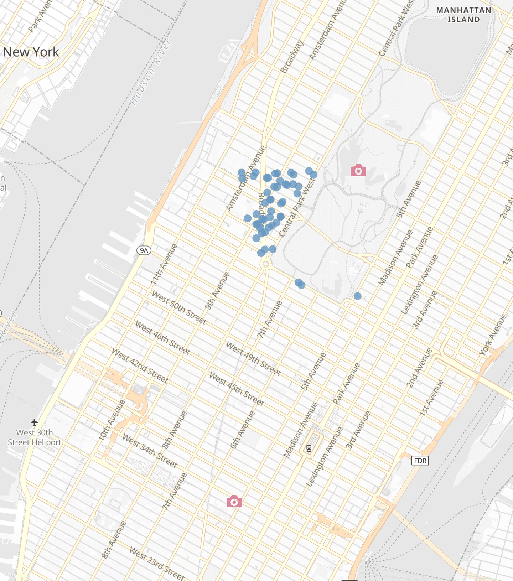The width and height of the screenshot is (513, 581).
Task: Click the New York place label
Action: pyautogui.click(x=31, y=52)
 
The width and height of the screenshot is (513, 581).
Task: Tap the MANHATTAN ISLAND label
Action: pyautogui.click(x=463, y=15)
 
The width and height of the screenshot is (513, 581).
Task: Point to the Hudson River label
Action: pyautogui.click(x=151, y=73)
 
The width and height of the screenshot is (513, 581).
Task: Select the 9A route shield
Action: pyautogui.click(x=144, y=250)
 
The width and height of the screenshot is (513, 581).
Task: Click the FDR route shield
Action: pyautogui.click(x=420, y=461)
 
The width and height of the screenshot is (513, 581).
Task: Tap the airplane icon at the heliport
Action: pyautogui.click(x=34, y=422)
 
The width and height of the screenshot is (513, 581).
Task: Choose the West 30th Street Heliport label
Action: pyautogui.click(x=35, y=437)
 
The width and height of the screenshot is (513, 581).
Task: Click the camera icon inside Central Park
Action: pyautogui.click(x=358, y=171)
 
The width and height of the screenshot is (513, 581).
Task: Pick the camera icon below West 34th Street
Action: pyautogui.click(x=234, y=502)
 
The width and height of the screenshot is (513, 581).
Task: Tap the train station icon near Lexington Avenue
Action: pyautogui.click(x=309, y=448)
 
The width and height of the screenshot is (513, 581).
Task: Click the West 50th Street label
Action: pyautogui.click(x=179, y=307)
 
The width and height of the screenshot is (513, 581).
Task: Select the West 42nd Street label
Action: pyautogui.click(x=140, y=365)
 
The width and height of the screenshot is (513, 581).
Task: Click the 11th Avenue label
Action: pyautogui.click(x=164, y=264)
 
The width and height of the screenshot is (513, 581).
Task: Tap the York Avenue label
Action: pyautogui.click(x=493, y=334)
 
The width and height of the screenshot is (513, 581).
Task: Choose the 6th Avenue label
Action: pyautogui.click(x=243, y=430)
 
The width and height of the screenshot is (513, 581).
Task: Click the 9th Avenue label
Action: pyautogui.click(x=217, y=291)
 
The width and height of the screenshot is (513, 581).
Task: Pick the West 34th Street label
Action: pyautogui.click(x=150, y=451)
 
